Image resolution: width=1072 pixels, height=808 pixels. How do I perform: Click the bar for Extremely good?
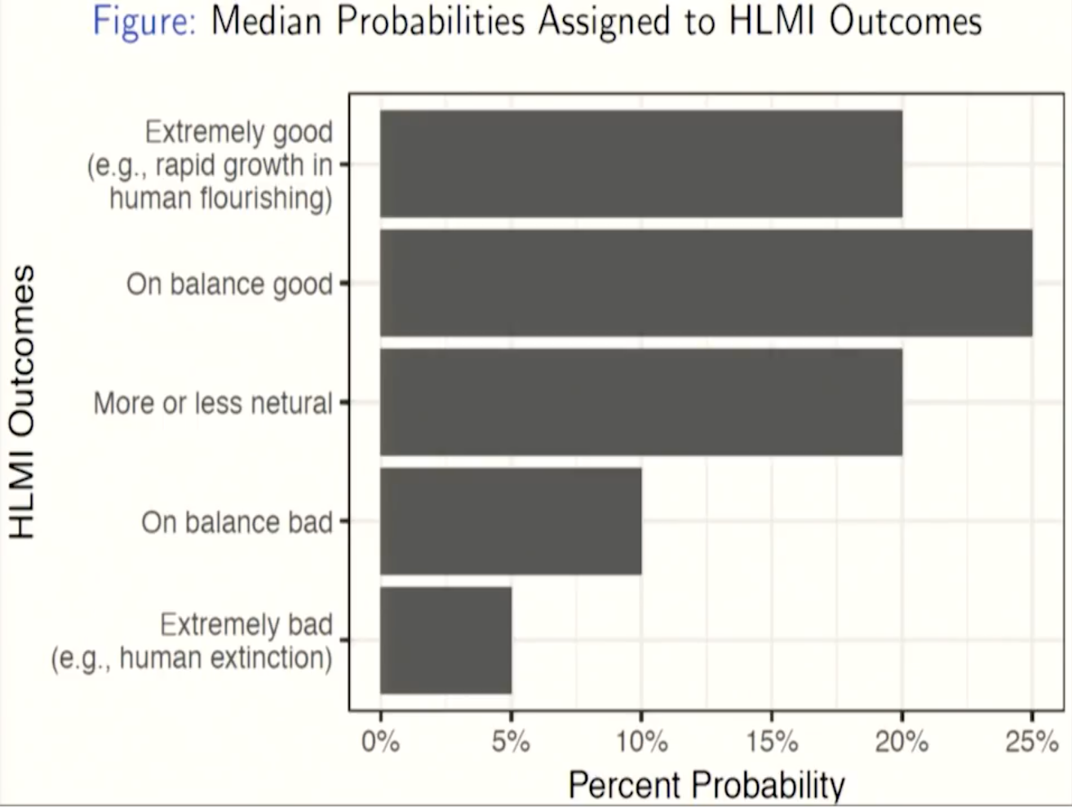click(641, 164)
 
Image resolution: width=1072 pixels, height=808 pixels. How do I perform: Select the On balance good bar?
click(707, 283)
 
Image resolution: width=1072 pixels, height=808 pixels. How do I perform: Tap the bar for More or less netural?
click(641, 402)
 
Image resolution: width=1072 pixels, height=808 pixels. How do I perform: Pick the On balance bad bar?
click(511, 522)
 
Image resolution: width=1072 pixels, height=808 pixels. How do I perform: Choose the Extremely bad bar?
click(446, 641)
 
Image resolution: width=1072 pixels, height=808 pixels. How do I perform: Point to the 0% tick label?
click(380, 742)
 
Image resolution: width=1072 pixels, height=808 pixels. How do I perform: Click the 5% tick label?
click(511, 742)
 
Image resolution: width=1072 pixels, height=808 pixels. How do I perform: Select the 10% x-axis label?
click(642, 742)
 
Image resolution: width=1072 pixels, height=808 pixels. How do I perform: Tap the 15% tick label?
click(772, 742)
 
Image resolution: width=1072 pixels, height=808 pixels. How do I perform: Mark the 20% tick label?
click(902, 742)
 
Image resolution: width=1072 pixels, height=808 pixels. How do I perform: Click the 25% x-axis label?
click(1032, 742)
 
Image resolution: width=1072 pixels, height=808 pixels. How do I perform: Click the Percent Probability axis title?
click(707, 785)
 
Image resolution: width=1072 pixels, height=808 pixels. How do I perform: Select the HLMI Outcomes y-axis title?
click(22, 402)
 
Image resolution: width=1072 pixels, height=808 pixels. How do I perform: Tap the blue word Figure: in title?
click(144, 22)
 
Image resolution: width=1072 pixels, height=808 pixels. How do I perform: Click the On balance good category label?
click(229, 284)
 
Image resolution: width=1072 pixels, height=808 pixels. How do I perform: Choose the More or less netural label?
click(213, 403)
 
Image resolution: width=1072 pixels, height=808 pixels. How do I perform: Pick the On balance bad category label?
click(237, 522)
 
